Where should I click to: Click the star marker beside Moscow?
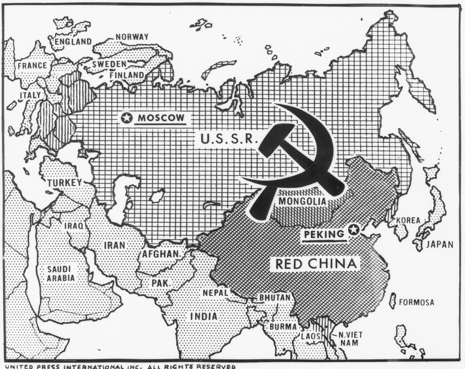pyautogui.click(x=127, y=118)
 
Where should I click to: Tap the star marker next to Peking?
pyautogui.click(x=353, y=230)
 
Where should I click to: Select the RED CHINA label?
pyautogui.click(x=315, y=263)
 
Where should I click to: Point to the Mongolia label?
pyautogui.click(x=302, y=201)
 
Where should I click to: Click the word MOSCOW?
pyautogui.click(x=162, y=118)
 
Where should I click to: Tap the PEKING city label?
pyautogui.click(x=324, y=234)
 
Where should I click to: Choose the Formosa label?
pyautogui.click(x=417, y=302)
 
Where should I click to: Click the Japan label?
pyautogui.click(x=439, y=244)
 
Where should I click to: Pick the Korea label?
pyautogui.click(x=408, y=220)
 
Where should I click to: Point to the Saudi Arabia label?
pyautogui.click(x=61, y=273)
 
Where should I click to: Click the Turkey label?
pyautogui.click(x=64, y=183)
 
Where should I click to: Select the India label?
pyautogui.click(x=203, y=316)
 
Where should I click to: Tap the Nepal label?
pyautogui.click(x=215, y=293)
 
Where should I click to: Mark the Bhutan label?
pyautogui.click(x=275, y=298)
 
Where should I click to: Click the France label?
pyautogui.click(x=33, y=65)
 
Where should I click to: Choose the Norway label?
pyautogui.click(x=132, y=37)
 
